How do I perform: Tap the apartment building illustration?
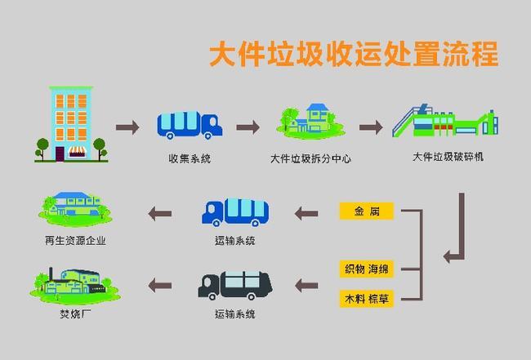pyautogui.click(x=69, y=122)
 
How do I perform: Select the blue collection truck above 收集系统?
pyautogui.click(x=190, y=125)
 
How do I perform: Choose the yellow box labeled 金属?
pyautogui.click(x=366, y=212)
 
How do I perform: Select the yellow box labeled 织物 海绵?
pyautogui.click(x=366, y=269)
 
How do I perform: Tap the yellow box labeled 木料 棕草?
pyautogui.click(x=366, y=299)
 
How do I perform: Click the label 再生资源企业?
pyautogui.click(x=76, y=240)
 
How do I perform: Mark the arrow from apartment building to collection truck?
pyautogui.click(x=127, y=127)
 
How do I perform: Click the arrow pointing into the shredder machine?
pyautogui.click(x=371, y=127)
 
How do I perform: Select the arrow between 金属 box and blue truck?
pyautogui.click(x=306, y=213)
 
